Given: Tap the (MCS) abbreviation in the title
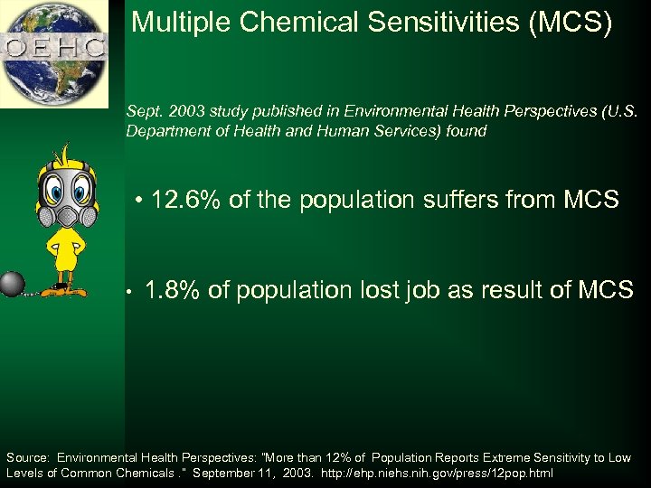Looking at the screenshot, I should point(578,23).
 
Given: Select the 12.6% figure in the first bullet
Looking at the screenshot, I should point(187,200).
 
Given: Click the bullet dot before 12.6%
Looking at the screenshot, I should point(140,201).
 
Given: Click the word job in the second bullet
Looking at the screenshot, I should point(439,290).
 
